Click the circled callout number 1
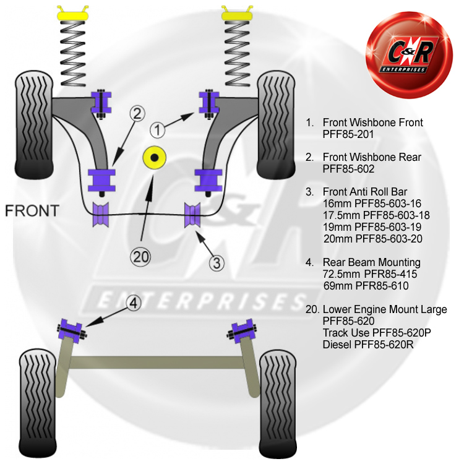coord(158,130)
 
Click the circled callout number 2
coord(137,113)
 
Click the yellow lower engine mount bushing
coord(155,158)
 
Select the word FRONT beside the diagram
coord(32,210)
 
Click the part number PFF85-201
coord(348,134)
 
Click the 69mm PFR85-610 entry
coord(366,286)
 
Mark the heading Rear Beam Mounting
coord(371,262)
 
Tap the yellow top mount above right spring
coord(236,13)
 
